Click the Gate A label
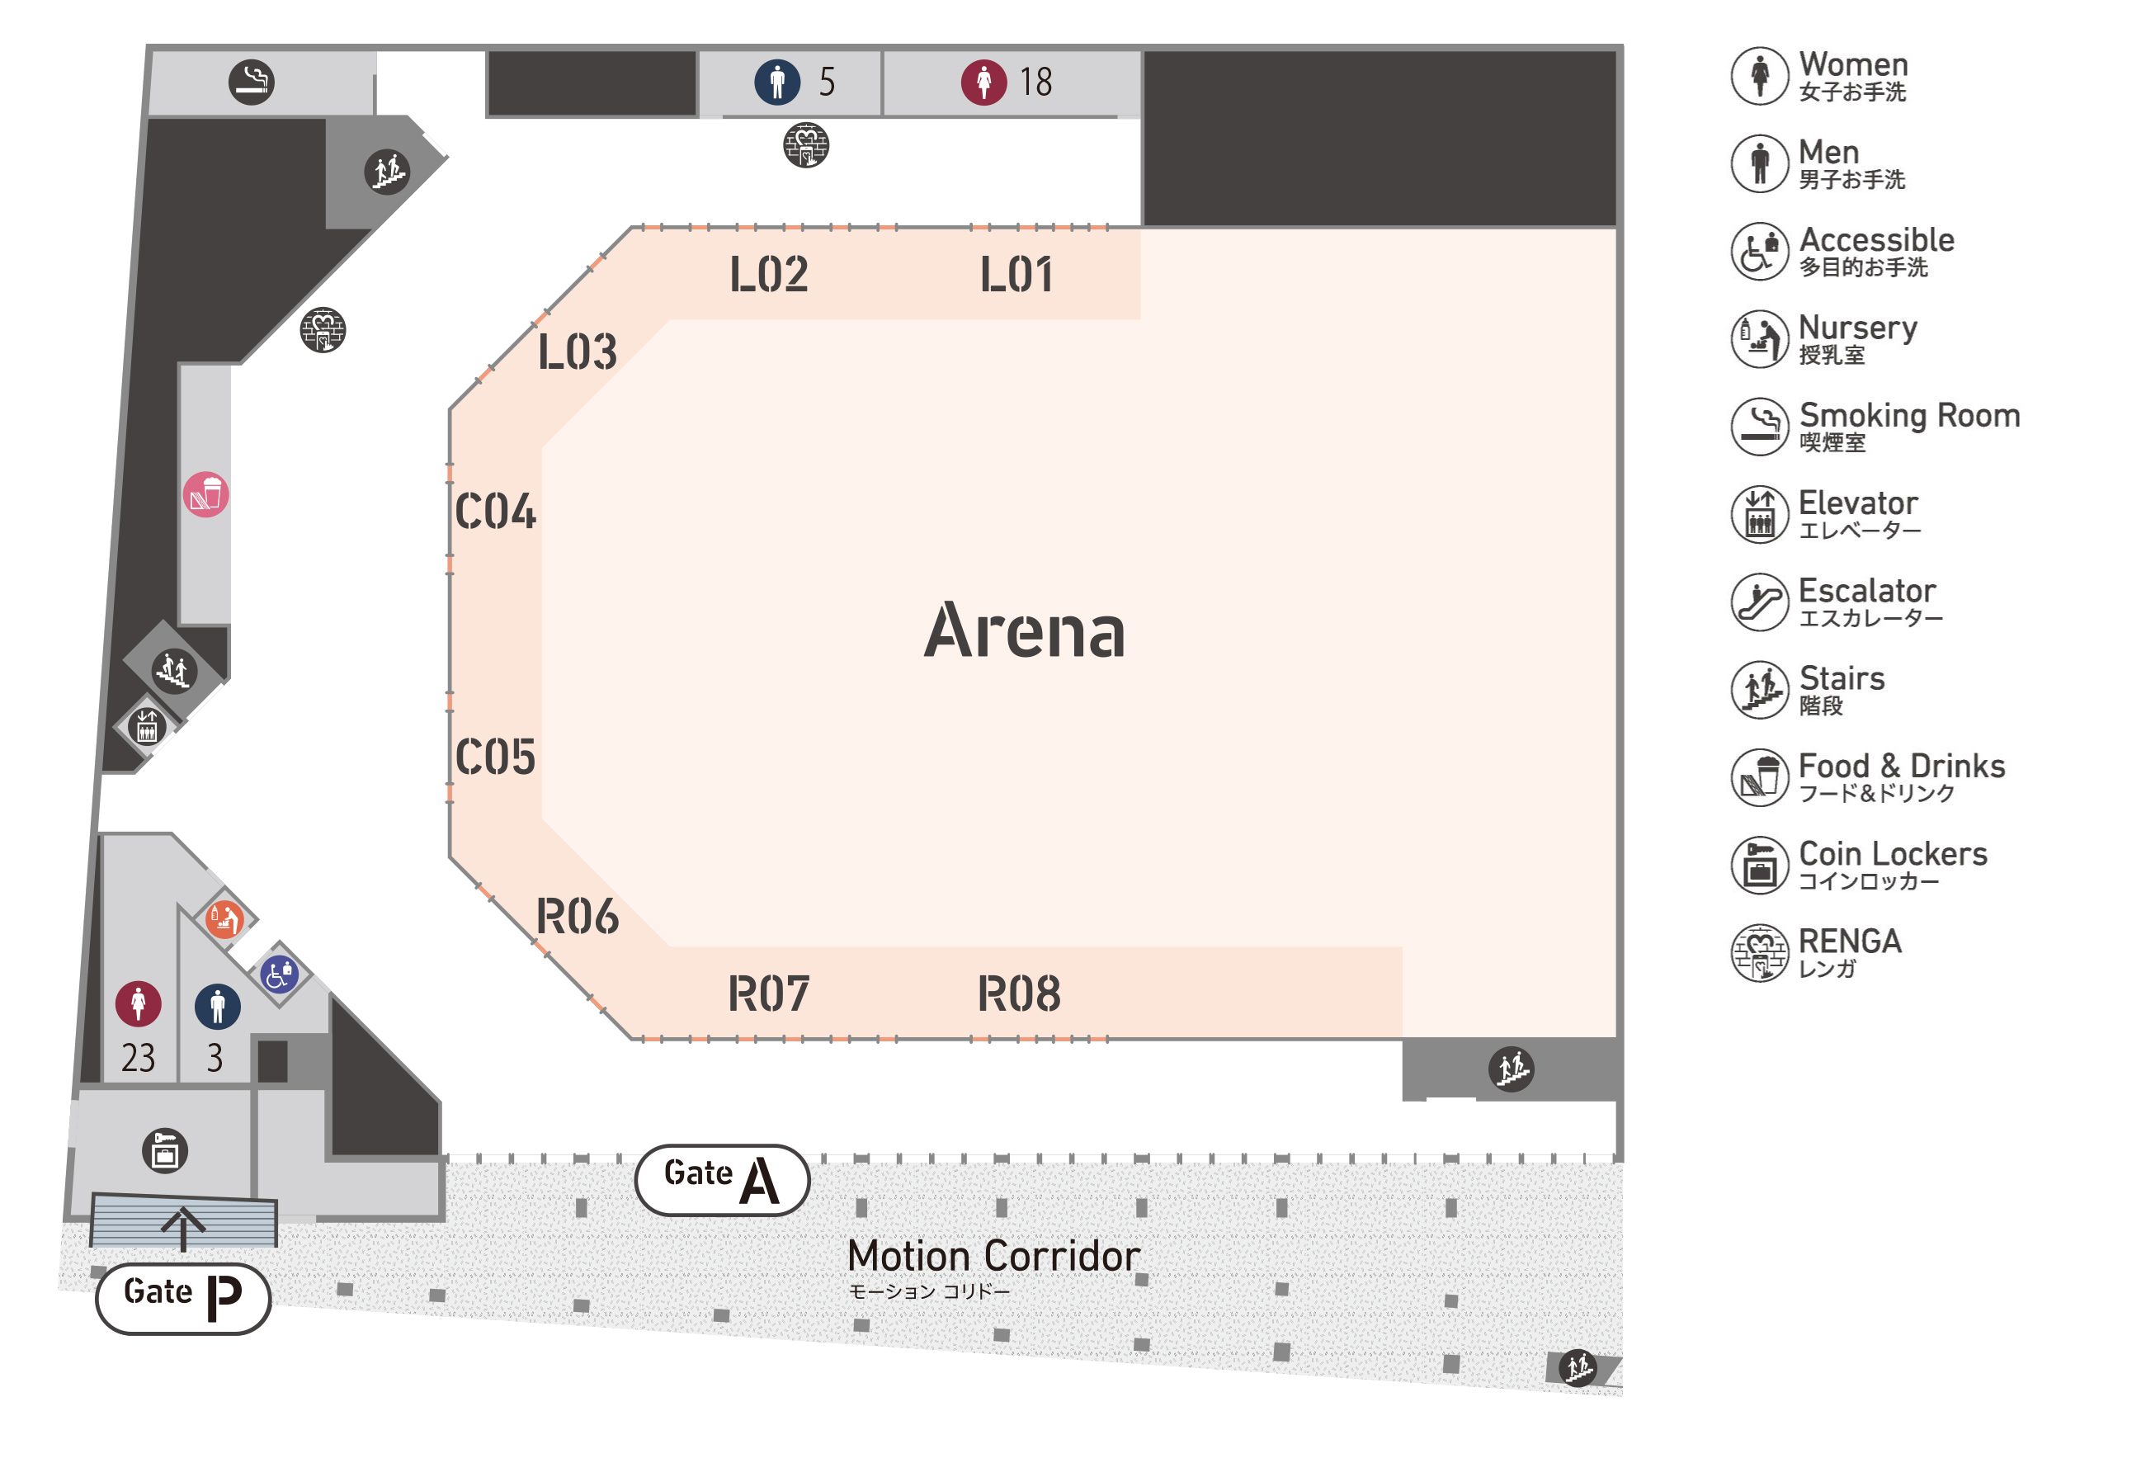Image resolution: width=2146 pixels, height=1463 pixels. tap(721, 1179)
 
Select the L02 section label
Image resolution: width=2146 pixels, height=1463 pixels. tap(768, 274)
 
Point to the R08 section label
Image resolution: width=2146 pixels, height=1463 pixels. tap(1018, 993)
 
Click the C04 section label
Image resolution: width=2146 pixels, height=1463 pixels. tap(495, 512)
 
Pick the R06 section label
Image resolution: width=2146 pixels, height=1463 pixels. tap(577, 916)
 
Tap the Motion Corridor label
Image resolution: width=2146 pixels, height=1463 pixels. tap(993, 1256)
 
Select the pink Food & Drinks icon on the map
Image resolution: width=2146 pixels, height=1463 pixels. tap(205, 495)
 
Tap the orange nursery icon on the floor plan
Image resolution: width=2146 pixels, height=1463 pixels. tap(224, 919)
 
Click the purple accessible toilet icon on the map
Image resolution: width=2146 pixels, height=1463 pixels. tap(279, 974)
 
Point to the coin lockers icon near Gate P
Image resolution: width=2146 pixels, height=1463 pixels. tap(164, 1151)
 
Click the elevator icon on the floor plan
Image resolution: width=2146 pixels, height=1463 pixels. tap(147, 726)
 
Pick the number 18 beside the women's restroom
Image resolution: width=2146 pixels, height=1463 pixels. tap(1035, 83)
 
